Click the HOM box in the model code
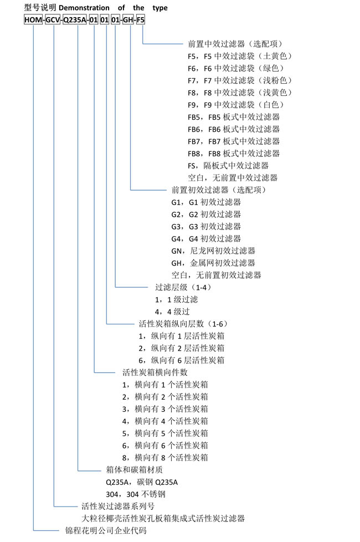tap(33, 20)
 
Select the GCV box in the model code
tap(53, 20)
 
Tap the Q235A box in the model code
tap(75, 20)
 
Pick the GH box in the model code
tap(128, 20)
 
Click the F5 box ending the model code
tap(140, 20)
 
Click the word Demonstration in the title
tap(84, 8)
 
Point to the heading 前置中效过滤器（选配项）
tap(235, 44)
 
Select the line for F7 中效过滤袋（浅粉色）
tap(240, 80)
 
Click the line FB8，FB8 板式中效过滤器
tap(234, 154)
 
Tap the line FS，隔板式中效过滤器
tap(228, 166)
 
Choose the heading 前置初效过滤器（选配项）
tap(219, 190)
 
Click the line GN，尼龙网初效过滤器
tap(213, 250)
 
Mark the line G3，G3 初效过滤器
tap(206, 227)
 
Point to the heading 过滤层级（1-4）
tap(183, 287)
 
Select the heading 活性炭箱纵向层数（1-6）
tap(183, 324)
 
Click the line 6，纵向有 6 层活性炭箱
tap(181, 360)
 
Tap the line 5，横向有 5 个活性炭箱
tap(165, 433)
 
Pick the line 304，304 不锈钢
tap(136, 494)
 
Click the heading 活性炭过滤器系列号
tap(118, 507)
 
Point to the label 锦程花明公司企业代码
tap(106, 530)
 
